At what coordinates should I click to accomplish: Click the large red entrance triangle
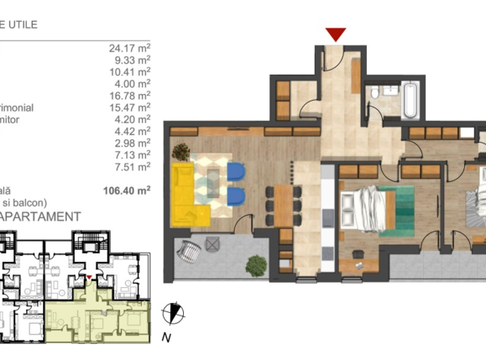[x=336, y=34]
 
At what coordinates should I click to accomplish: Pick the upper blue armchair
[x=236, y=171]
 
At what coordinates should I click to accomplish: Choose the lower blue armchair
[x=236, y=197]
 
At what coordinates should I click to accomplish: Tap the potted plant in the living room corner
[x=182, y=152]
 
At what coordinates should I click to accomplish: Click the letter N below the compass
[x=167, y=337]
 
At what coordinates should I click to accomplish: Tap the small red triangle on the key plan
[x=90, y=274]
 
